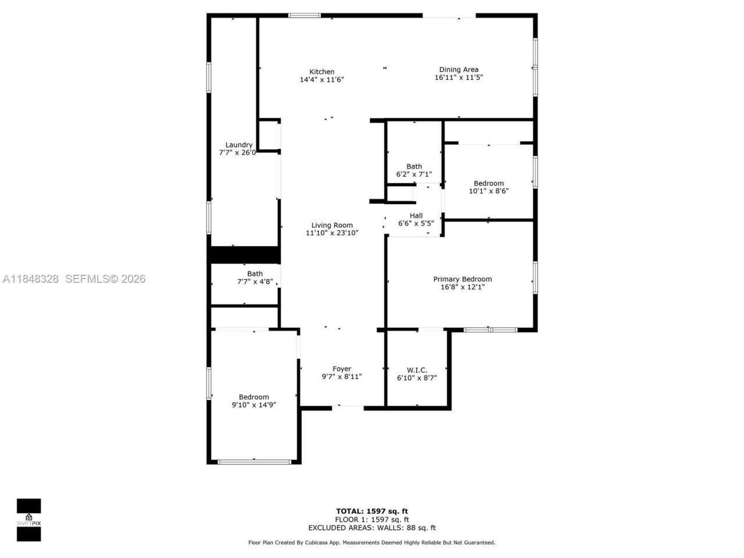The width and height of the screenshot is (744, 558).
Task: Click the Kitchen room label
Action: (321, 72)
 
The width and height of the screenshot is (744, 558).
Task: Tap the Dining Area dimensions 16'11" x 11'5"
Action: (459, 77)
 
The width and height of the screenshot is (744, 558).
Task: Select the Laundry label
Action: (239, 145)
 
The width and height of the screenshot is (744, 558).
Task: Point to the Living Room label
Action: (332, 226)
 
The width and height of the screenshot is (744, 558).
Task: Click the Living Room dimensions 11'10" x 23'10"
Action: (332, 233)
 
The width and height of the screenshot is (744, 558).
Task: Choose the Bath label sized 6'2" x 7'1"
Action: (414, 166)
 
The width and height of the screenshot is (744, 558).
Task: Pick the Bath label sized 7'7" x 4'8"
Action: (255, 274)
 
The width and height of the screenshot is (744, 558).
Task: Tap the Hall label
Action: (416, 216)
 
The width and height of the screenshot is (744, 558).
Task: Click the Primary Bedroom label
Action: (462, 279)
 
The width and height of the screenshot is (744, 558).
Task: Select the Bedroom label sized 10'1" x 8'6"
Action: (488, 183)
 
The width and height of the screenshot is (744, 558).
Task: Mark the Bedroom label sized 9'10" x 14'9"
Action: (253, 397)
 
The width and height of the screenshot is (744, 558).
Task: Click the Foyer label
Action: (342, 369)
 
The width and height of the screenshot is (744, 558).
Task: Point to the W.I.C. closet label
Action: (417, 370)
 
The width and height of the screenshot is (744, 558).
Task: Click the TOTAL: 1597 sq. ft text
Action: (371, 512)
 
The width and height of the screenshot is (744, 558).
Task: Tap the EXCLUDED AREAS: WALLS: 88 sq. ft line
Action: (371, 528)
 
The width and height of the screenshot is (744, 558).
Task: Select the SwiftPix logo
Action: (28, 519)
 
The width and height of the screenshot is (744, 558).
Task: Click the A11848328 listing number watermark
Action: (31, 279)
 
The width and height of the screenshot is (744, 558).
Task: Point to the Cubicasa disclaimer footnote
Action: (371, 542)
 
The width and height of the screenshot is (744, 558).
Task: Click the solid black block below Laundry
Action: (245, 255)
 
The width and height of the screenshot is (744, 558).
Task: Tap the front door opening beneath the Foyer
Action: (348, 407)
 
